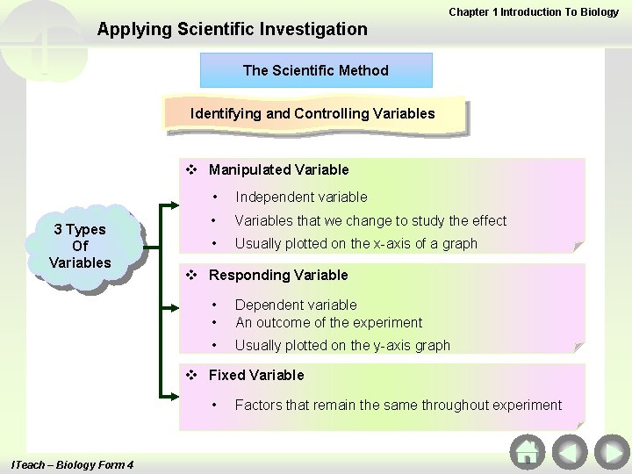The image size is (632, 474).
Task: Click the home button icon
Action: coord(527,452)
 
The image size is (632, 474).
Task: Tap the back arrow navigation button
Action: coord(569,452)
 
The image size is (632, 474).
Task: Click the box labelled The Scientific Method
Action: coord(316,70)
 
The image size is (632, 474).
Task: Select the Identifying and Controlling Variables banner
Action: coord(312,114)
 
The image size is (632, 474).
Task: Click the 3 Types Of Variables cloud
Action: coord(80,246)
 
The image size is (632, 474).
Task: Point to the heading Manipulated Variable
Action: coord(278,169)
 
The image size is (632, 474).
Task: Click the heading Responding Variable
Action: coord(278,275)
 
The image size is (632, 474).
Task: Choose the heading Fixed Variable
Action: coord(256,375)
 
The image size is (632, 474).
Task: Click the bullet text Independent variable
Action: coord(301,197)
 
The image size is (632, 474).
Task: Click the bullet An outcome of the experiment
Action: coord(328,322)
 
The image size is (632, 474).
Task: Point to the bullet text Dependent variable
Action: coord(296,305)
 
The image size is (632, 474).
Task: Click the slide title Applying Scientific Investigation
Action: coord(233,29)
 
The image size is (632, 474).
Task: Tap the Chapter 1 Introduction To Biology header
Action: coord(534,11)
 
